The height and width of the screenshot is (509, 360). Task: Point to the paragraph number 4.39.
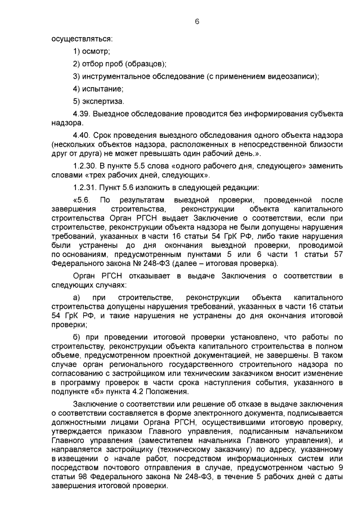click(x=82, y=114)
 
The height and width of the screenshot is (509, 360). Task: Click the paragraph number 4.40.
click(x=82, y=136)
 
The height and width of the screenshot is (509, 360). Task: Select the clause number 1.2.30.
click(x=85, y=167)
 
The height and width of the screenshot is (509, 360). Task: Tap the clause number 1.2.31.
click(x=85, y=188)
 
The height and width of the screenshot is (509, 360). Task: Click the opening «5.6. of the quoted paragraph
click(x=82, y=200)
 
